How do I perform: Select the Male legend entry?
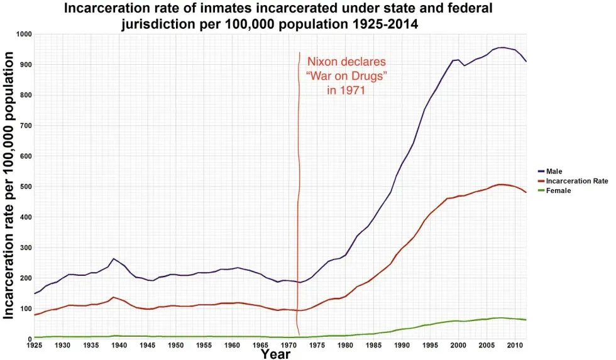[x=554, y=171]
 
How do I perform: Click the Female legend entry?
[x=558, y=190]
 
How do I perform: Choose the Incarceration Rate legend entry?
[x=576, y=181]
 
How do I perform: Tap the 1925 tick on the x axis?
[x=34, y=346]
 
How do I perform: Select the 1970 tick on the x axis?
[x=289, y=346]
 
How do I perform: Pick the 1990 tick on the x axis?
[x=402, y=346]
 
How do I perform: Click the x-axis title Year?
[x=275, y=354]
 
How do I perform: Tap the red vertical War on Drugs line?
[x=299, y=188]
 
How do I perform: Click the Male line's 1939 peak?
[x=113, y=259]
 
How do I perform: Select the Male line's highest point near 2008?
[x=502, y=48]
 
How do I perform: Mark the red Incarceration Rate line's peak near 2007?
[x=500, y=185]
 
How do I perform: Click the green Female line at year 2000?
[x=458, y=321]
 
